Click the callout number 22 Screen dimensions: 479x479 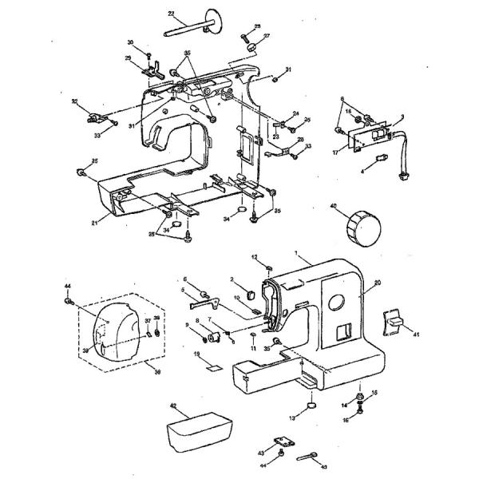click(x=172, y=14)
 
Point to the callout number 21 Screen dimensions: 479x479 click(x=93, y=222)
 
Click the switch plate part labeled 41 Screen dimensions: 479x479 click(x=393, y=321)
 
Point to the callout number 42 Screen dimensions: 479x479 click(x=172, y=406)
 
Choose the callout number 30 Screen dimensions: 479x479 click(x=130, y=42)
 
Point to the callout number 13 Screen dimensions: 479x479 click(x=293, y=417)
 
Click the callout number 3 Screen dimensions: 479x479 click(x=402, y=117)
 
